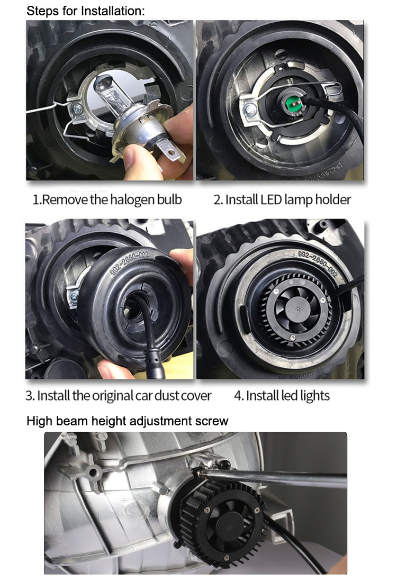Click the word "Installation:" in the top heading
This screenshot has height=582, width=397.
coord(113,11)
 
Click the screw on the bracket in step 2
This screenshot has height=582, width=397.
coord(250,110)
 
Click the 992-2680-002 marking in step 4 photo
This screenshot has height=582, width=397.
coord(318,263)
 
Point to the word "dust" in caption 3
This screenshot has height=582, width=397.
coord(167,396)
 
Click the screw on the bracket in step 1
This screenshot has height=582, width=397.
coord(78,109)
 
